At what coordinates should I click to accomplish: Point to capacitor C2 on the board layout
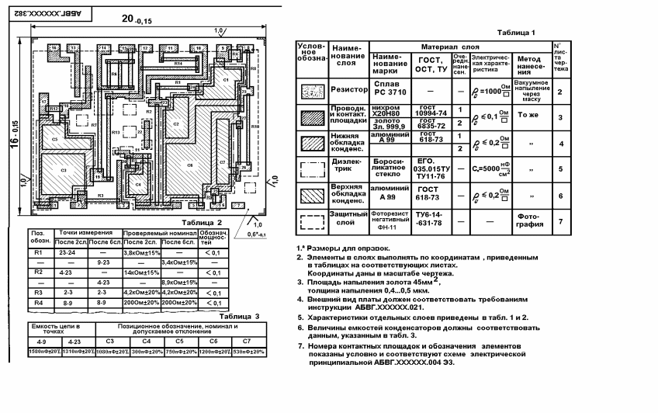coord(176,124)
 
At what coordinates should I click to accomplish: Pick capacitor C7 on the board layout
coord(222,162)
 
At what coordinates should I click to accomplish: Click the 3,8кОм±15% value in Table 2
coord(141,253)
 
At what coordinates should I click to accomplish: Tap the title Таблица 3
coord(240,317)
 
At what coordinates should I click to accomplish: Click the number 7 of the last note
coord(300,345)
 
